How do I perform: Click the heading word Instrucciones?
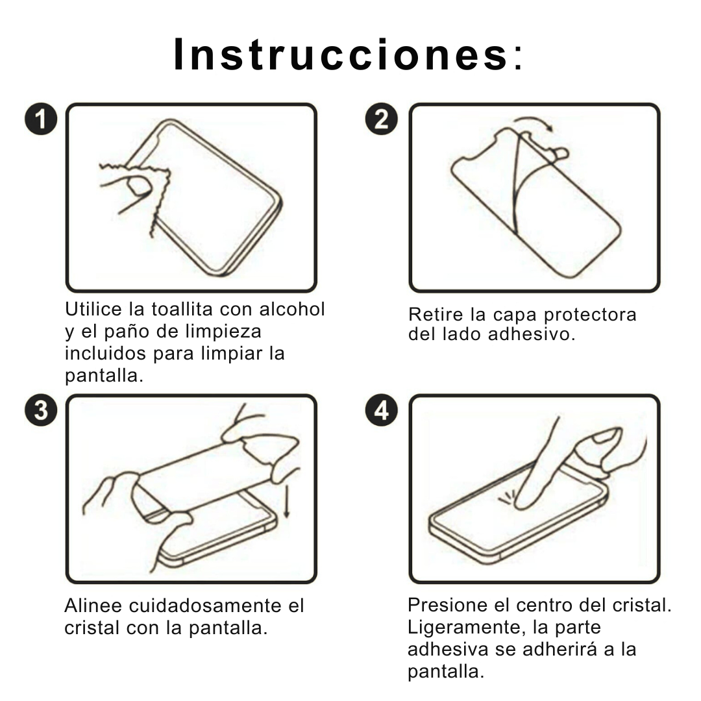(x=341, y=55)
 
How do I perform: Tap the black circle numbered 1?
(x=41, y=121)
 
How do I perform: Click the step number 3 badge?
(x=41, y=411)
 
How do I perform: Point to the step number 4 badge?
(x=382, y=411)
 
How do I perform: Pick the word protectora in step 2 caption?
(x=590, y=315)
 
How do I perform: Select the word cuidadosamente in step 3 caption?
(x=206, y=606)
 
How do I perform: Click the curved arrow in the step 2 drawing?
(x=534, y=123)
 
